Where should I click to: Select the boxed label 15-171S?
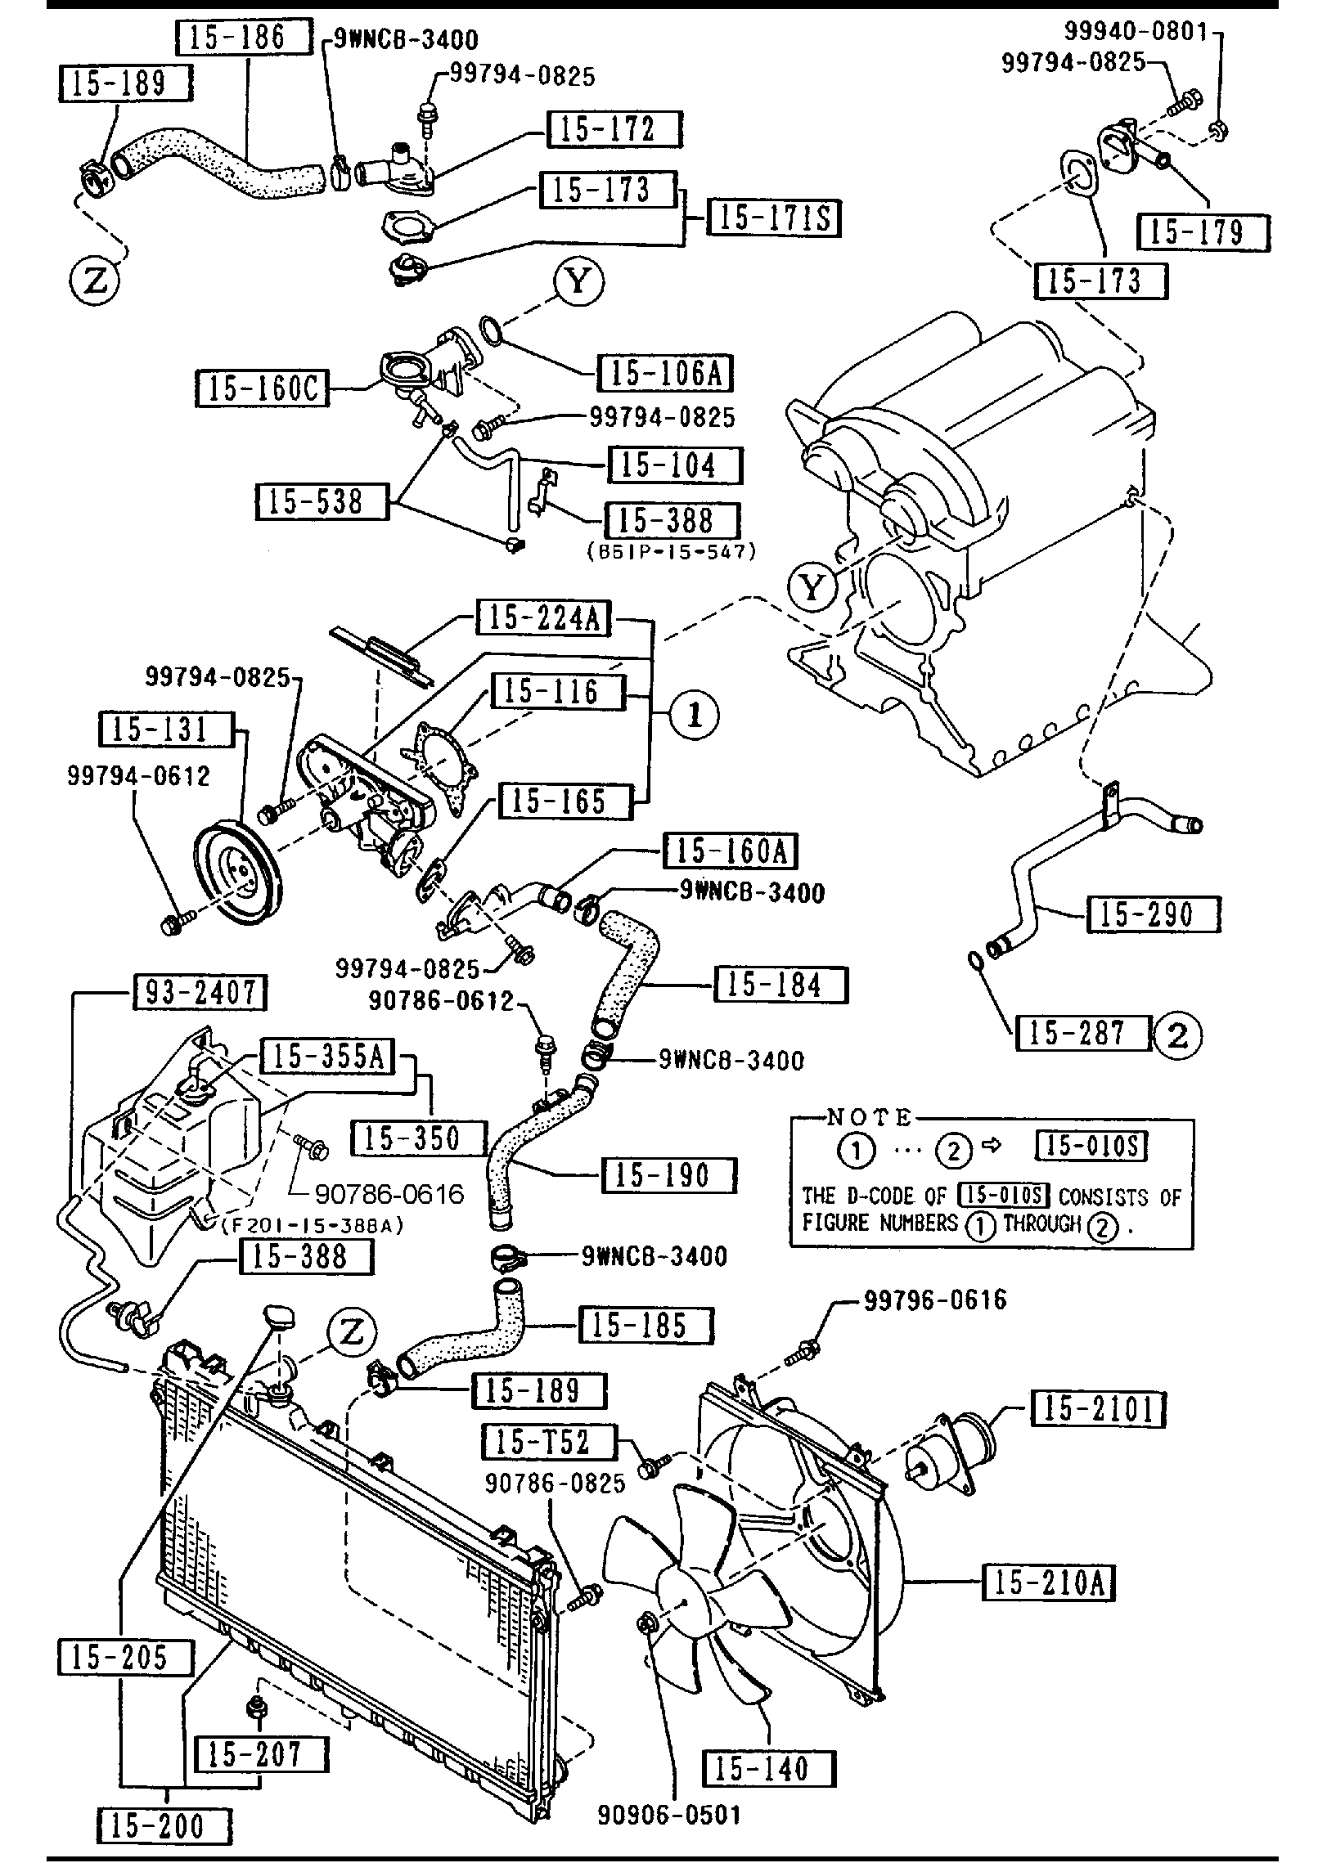[x=773, y=218]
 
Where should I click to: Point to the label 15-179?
[x=1203, y=232]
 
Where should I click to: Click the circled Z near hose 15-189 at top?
[x=94, y=281]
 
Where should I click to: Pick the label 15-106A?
[x=664, y=373]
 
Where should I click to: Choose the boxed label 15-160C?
[x=262, y=388]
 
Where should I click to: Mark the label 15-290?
[x=1153, y=914]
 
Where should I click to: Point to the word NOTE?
[x=869, y=1117]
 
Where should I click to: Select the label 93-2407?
[x=199, y=993]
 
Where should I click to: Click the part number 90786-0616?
[x=389, y=1194]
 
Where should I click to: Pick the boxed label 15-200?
[x=164, y=1825]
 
